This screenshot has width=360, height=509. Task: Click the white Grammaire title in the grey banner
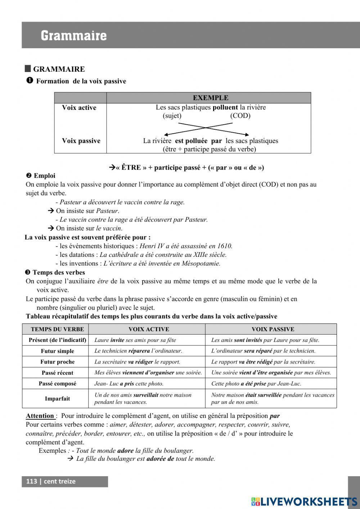point(73,36)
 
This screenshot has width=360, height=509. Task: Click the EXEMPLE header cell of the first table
point(210,98)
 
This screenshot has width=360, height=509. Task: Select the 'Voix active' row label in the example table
point(79,108)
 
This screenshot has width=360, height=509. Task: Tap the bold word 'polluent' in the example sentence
point(225,107)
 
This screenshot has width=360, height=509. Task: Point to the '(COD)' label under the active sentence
point(240,116)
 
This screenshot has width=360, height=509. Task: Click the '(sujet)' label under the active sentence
point(172,116)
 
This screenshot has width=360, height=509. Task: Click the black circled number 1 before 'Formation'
point(30,81)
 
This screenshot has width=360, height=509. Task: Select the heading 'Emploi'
point(44,176)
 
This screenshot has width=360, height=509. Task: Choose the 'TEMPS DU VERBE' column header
point(57,329)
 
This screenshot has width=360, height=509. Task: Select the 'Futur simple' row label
point(57,351)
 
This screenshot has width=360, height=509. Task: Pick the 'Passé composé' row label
point(57,384)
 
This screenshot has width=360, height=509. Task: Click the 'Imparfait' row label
point(57,398)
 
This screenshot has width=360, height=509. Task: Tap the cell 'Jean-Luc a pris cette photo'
point(129,384)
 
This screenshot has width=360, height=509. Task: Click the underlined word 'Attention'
point(40,416)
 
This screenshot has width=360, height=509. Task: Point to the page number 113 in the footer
point(32,481)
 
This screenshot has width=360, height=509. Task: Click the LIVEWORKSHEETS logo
point(304,501)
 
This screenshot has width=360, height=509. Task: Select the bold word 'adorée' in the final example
point(157,459)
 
